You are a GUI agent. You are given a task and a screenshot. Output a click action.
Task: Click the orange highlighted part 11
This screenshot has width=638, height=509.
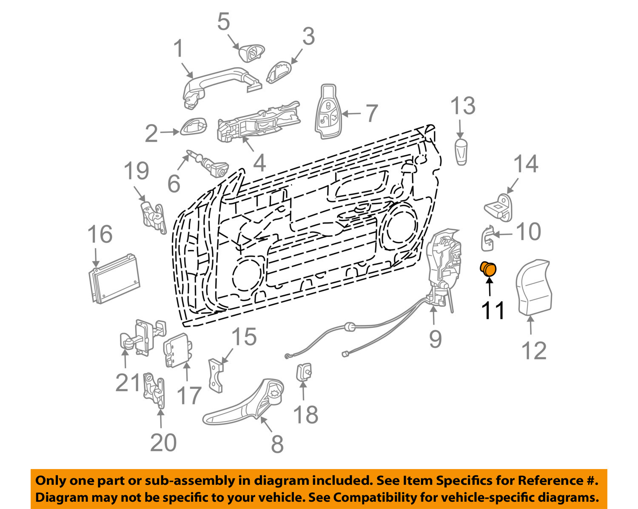point(488,269)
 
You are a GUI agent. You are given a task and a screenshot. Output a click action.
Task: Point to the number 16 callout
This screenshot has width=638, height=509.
point(100,234)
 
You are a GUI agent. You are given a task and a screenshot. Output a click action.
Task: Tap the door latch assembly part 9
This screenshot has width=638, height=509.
point(442,268)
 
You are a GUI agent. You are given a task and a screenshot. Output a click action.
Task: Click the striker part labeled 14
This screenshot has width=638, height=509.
point(500,208)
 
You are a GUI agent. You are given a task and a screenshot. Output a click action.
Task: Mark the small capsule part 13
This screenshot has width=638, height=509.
point(461,151)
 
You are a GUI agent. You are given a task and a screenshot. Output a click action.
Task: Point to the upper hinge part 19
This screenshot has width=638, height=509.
point(153,217)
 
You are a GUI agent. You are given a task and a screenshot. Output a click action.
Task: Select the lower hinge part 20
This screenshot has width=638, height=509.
point(154,390)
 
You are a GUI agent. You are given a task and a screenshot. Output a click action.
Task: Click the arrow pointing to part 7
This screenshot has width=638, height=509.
point(351,114)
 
